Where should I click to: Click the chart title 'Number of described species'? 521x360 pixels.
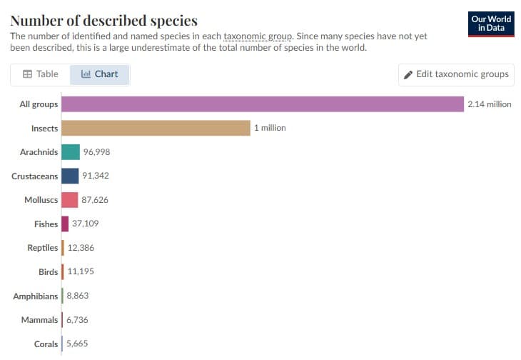[103, 20]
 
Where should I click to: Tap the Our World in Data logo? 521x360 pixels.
[492, 24]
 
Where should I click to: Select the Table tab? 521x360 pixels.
[40, 74]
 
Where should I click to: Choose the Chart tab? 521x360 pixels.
[100, 74]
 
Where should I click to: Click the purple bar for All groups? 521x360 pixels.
[263, 104]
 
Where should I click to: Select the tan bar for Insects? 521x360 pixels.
[156, 128]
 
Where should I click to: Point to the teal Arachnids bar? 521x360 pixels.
[71, 152]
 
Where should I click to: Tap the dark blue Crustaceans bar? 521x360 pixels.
[70, 176]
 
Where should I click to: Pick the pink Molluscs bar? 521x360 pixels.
[70, 200]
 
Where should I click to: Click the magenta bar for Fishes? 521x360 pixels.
[65, 224]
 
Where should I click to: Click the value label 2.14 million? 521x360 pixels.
[489, 104]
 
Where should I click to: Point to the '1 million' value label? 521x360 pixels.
[270, 128]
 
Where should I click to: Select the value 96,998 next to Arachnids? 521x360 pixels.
[96, 152]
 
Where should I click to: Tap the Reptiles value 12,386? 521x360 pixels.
[81, 248]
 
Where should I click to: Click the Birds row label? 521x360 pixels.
[49, 272]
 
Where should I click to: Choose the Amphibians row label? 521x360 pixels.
[36, 296]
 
